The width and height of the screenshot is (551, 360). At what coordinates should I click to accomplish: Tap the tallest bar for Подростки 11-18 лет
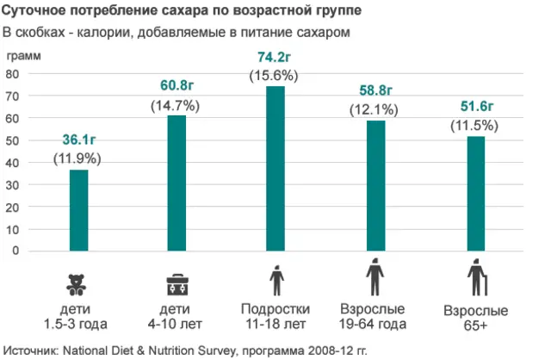click(x=275, y=169)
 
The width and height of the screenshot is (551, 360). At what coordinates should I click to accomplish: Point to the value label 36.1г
click(x=78, y=141)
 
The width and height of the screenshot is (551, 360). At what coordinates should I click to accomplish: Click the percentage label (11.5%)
click(x=474, y=126)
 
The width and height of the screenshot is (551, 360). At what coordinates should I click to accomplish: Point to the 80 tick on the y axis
click(x=13, y=74)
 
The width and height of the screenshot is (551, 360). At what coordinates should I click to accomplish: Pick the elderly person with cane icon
click(x=476, y=281)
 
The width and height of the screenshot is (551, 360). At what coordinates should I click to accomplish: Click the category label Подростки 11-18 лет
click(x=275, y=315)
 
